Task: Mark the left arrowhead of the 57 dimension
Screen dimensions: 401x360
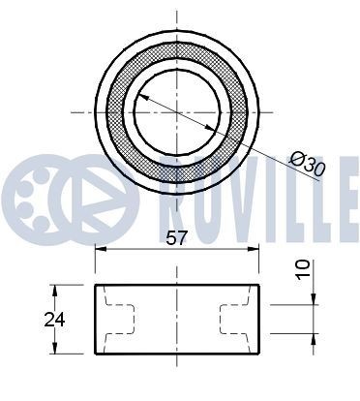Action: (100, 251)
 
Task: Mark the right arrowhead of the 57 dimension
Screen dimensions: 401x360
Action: (258, 251)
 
